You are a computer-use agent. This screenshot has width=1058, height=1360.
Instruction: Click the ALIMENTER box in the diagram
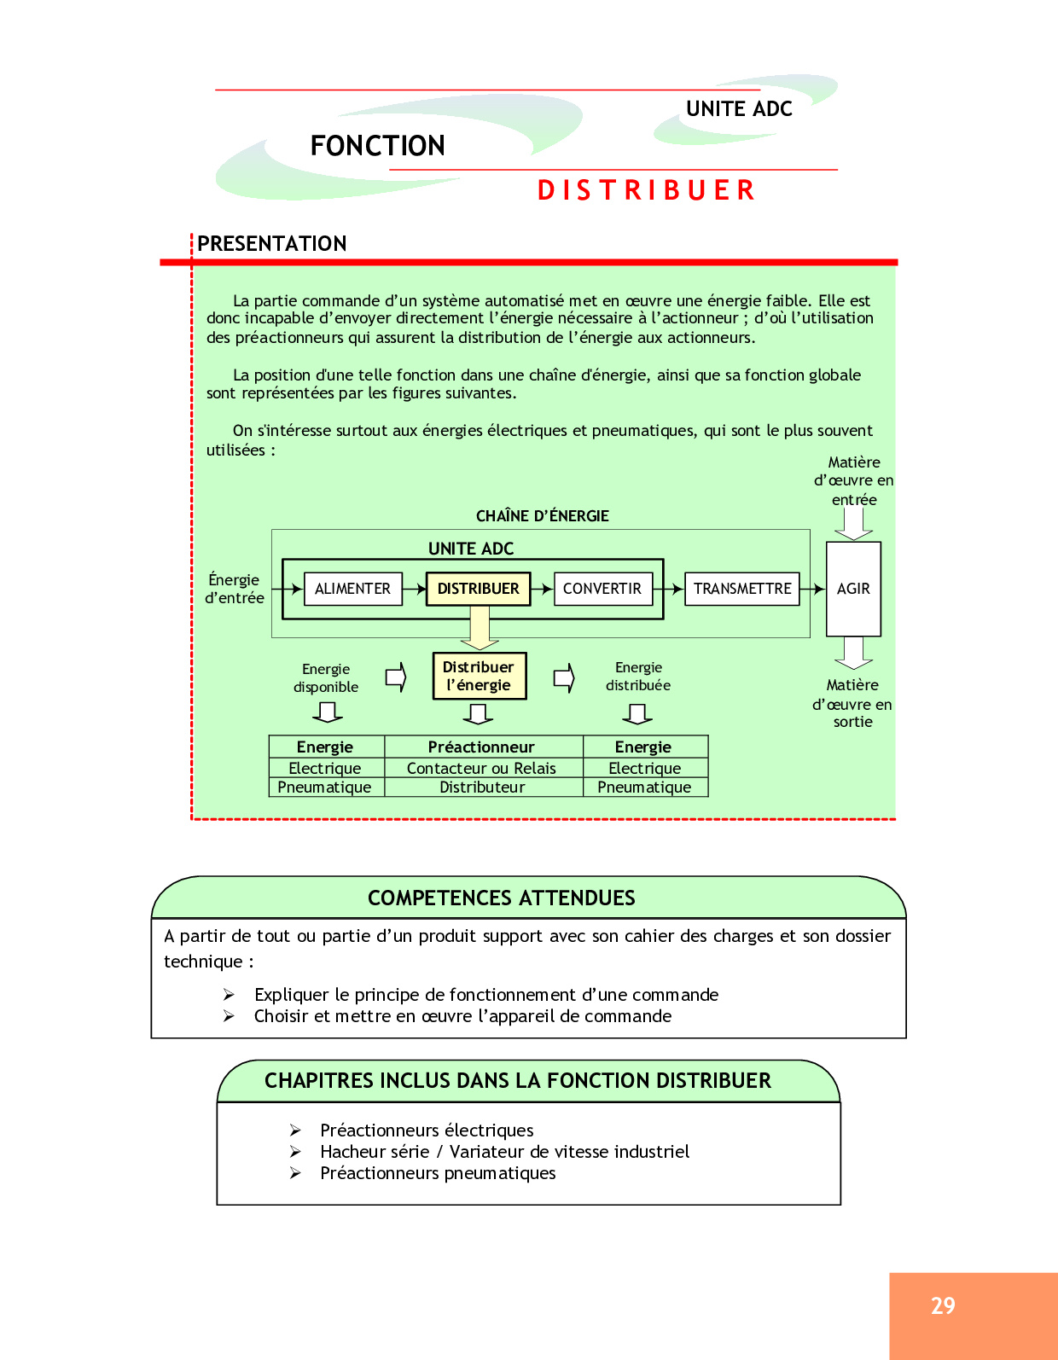click(352, 589)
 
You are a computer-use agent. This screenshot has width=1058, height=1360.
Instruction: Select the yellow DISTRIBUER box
click(478, 589)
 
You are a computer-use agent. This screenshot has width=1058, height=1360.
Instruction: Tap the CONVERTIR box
click(602, 589)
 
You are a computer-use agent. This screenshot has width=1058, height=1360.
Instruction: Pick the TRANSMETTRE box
click(742, 589)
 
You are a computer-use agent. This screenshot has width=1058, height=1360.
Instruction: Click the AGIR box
click(853, 589)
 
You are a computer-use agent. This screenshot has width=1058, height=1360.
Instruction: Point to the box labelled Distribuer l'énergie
click(479, 676)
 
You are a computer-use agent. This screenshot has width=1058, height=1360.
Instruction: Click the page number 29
click(943, 1306)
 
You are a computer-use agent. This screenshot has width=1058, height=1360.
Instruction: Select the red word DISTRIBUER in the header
click(647, 190)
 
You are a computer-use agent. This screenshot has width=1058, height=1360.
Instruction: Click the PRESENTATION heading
click(272, 244)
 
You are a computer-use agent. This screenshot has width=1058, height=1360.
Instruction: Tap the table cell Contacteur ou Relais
click(481, 769)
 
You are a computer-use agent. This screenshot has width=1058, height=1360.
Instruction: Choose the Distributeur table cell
click(482, 788)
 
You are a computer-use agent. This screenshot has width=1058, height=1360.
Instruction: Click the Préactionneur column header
click(481, 747)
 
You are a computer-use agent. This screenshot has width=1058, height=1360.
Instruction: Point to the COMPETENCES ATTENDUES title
click(502, 898)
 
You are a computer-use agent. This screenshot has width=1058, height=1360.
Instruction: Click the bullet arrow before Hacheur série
click(295, 1152)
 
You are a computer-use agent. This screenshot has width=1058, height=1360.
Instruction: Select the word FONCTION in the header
click(377, 146)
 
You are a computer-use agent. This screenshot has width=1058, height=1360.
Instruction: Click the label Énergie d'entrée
click(235, 589)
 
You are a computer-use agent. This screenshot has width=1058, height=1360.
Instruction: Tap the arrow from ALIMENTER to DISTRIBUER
click(415, 589)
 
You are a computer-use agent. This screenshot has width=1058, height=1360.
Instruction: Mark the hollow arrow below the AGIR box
click(853, 653)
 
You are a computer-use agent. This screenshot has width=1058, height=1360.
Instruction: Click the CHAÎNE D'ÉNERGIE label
click(543, 516)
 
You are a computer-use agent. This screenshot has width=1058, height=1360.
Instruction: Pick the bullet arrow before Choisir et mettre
click(229, 1016)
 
